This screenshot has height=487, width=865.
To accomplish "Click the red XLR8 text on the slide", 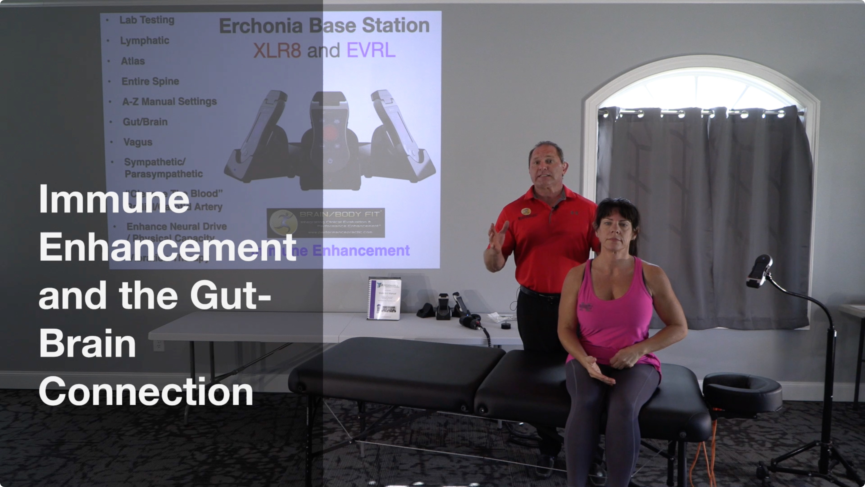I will coord(277,51).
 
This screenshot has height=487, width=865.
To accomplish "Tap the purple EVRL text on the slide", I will coord(371,51).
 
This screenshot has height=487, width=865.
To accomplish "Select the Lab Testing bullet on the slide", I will coord(147,20).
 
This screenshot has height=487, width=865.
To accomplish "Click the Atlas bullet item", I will coord(133,61).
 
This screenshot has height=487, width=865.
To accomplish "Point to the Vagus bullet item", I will coord(138,142).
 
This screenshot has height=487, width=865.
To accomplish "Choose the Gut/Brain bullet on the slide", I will coord(145,122).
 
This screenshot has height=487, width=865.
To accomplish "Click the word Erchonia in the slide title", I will coord(261,26).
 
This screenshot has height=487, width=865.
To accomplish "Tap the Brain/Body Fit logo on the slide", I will coord(325,223).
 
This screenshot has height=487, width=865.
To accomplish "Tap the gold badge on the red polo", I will coord(526,211).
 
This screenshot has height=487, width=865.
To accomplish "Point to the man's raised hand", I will coord(497,237).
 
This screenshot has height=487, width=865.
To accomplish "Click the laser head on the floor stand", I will coord(760,271).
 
